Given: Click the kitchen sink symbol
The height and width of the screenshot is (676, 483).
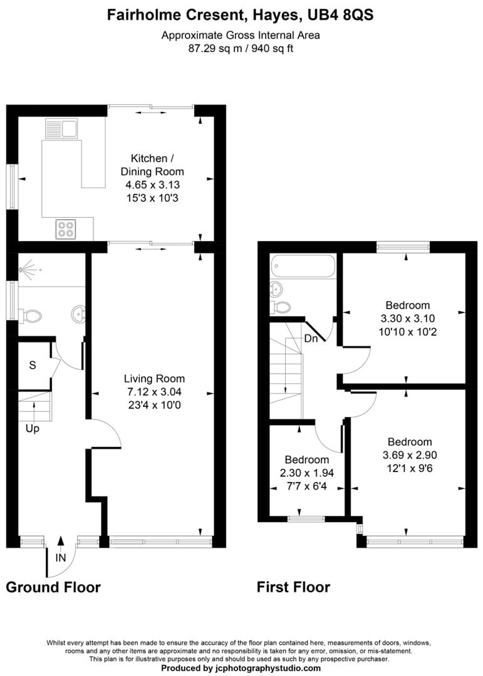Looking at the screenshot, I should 61,129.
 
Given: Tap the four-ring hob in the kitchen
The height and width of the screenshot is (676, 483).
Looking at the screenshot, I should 65,229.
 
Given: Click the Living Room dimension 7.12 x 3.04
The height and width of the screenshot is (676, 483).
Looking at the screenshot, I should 154,392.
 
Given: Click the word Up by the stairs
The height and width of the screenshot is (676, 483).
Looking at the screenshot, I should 33,429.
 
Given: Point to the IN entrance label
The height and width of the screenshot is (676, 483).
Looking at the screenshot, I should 60,557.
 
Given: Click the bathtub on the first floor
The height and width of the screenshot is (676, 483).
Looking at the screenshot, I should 303,267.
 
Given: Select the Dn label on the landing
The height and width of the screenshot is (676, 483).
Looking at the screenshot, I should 311,339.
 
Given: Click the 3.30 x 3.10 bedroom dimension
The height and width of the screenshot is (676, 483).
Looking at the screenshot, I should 408,318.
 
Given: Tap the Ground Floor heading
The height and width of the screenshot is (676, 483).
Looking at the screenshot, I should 53,587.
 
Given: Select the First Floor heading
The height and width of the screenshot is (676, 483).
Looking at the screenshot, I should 293,587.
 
